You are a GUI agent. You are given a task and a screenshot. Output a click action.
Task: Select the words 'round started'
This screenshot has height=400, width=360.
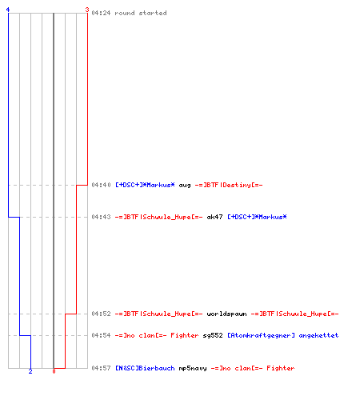click(141, 13)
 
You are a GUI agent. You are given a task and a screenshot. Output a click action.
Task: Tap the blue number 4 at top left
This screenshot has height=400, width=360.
click(8, 10)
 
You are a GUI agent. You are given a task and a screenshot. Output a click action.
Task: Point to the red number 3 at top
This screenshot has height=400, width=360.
click(87, 10)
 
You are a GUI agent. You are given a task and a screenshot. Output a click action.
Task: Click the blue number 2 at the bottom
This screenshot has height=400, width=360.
click(30, 371)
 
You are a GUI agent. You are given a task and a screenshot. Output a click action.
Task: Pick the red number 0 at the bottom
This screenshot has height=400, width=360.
click(54, 371)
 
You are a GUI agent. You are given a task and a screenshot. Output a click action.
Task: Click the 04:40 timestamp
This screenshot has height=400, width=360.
click(101, 185)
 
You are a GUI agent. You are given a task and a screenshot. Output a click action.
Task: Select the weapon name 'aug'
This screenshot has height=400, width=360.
click(185, 186)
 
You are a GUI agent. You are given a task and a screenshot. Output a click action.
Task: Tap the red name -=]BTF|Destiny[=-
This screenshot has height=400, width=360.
click(229, 185)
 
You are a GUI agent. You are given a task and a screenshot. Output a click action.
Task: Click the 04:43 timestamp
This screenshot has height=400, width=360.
click(101, 217)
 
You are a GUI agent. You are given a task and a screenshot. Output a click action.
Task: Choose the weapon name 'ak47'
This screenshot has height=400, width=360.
click(214, 217)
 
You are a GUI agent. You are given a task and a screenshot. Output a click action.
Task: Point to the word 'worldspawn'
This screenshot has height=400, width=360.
click(226, 314)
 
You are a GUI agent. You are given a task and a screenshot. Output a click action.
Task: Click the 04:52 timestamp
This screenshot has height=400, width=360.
click(101, 314)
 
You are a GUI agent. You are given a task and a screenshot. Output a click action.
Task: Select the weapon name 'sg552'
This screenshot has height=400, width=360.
click(213, 335)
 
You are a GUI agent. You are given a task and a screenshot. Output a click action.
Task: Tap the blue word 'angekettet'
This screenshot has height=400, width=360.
click(318, 335)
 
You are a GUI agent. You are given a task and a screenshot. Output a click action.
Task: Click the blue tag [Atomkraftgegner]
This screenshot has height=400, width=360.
click(261, 335)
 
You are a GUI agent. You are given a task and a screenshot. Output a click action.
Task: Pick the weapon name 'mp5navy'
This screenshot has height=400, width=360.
click(193, 368)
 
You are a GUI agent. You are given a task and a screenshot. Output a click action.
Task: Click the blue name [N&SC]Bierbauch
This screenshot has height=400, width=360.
click(145, 368)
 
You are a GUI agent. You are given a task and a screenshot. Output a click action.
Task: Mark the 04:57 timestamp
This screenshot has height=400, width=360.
click(101, 368)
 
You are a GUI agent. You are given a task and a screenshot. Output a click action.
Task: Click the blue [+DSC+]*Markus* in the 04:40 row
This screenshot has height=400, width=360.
click(145, 185)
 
